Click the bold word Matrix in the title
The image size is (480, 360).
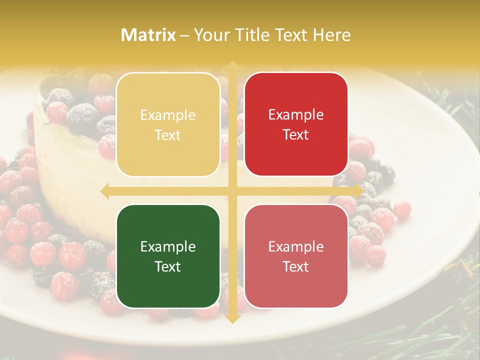click(148, 35)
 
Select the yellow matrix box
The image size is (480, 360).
click(168, 125)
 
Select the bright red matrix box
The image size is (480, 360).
click(296, 124)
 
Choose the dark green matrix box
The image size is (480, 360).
click(168, 256)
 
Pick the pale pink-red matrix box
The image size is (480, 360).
click(296, 256)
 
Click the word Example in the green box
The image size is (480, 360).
click(168, 246)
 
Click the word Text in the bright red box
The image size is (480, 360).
click(296, 135)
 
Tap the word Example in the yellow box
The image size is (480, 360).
click(168, 115)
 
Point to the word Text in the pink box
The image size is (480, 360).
click(296, 266)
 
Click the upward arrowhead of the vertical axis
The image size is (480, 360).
click(232, 65)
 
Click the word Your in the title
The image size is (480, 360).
click(210, 35)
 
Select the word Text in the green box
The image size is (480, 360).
click(168, 266)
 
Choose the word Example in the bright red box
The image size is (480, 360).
click(296, 115)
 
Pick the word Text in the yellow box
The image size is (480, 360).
click(168, 135)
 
